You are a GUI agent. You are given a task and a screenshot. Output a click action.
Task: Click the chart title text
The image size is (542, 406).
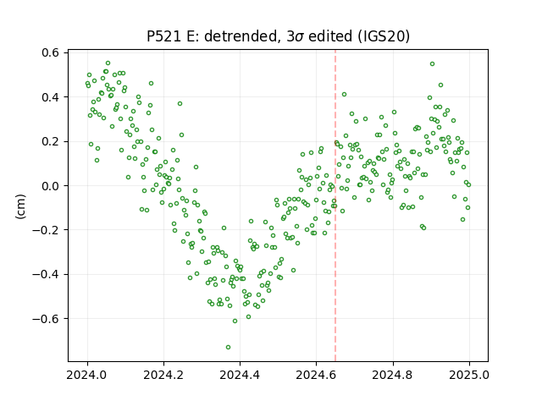click(x=279, y=36)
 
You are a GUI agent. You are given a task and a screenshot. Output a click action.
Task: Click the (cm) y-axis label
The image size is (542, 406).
click(x=20, y=206)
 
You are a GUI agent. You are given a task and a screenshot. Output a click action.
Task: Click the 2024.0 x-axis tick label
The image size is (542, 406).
click(x=87, y=375)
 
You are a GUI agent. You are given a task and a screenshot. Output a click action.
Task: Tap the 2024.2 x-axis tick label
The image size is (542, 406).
click(x=163, y=375)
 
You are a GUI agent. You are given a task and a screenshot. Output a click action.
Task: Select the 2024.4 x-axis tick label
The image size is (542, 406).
click(x=240, y=375)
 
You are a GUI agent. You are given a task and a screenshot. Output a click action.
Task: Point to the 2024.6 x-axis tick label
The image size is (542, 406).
click(x=316, y=375)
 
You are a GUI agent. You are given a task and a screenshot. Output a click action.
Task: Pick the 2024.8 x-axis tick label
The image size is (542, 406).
click(x=393, y=375)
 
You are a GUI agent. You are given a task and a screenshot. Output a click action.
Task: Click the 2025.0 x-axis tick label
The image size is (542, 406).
click(x=469, y=375)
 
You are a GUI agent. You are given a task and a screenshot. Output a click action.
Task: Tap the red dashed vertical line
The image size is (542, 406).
click(x=335, y=206)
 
